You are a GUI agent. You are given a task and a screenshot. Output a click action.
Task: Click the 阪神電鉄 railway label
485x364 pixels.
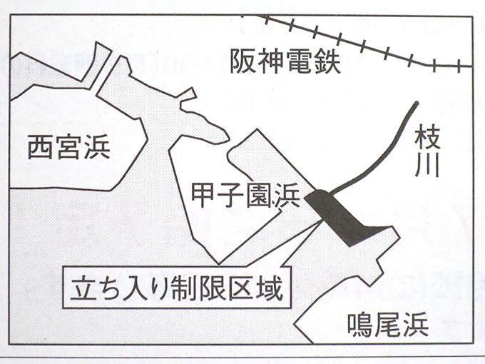click(x=285, y=64)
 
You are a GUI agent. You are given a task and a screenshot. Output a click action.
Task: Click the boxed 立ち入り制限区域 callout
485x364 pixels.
click(x=178, y=290)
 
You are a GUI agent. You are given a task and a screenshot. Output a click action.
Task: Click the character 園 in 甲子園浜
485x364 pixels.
click(x=257, y=195)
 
